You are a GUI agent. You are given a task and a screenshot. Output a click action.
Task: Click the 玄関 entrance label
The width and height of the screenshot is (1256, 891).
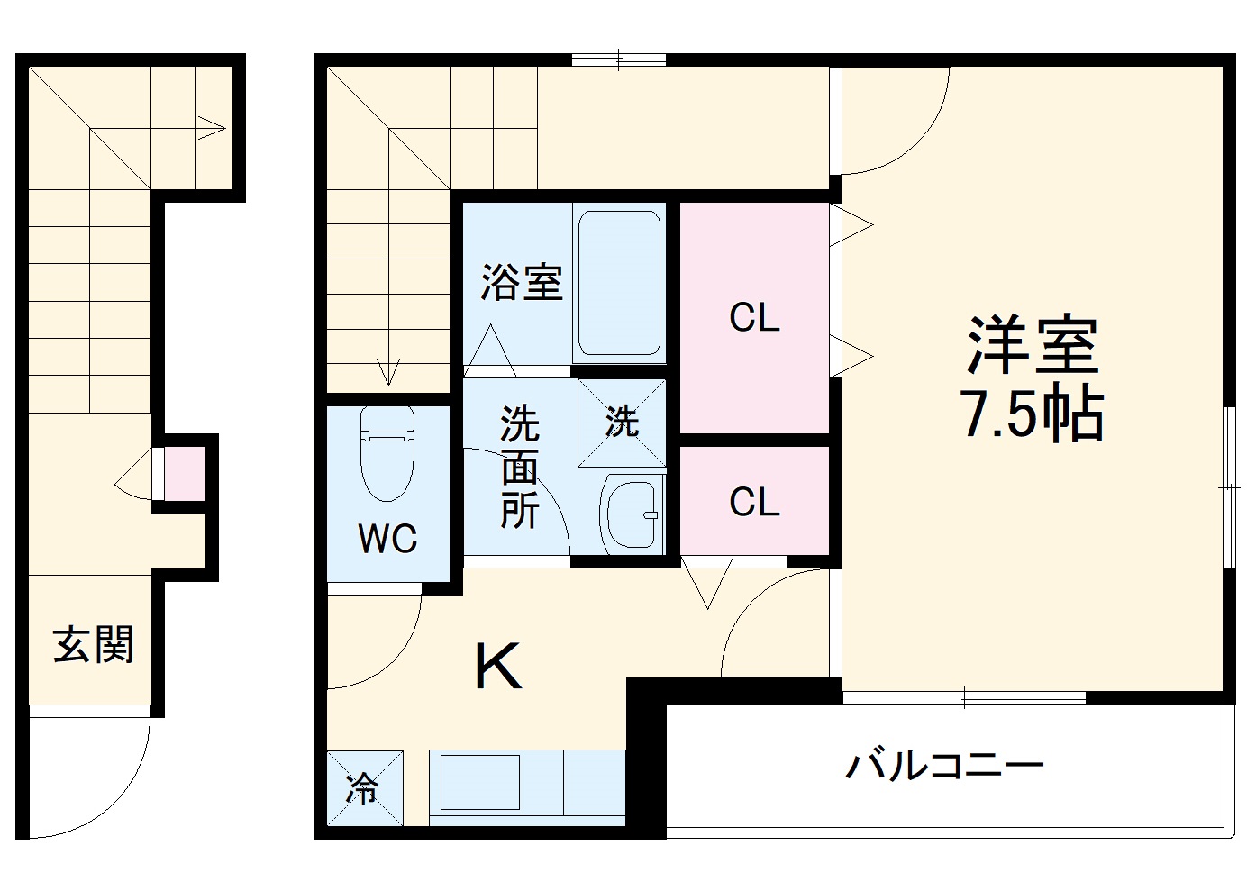coord(94,646)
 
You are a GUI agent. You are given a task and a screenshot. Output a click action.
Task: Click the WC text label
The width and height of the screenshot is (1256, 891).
coord(387,538)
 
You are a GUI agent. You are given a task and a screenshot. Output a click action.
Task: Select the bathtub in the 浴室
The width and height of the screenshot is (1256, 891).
coord(619,282)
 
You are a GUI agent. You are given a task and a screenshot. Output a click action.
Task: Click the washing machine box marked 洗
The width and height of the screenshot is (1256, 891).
coord(622,422)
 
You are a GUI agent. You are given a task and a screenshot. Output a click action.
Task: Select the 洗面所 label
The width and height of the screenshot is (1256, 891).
coord(520,468)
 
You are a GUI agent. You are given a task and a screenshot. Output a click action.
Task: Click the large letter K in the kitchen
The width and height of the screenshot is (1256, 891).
coord(498,668)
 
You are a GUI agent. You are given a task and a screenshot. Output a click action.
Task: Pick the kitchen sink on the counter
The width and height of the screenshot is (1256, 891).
coord(479,781)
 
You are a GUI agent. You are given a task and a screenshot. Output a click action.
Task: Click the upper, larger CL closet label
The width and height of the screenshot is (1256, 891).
coord(754,318)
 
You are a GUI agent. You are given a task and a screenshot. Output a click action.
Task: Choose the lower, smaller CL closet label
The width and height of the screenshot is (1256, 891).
coord(754,502)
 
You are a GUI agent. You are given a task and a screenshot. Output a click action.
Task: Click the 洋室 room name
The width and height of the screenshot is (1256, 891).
coord(1033,345)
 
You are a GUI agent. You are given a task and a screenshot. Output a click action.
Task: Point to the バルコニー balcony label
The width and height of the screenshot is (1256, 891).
coord(944,767)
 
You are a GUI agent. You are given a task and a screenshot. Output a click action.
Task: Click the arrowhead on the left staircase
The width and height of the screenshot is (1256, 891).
coord(214,128)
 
